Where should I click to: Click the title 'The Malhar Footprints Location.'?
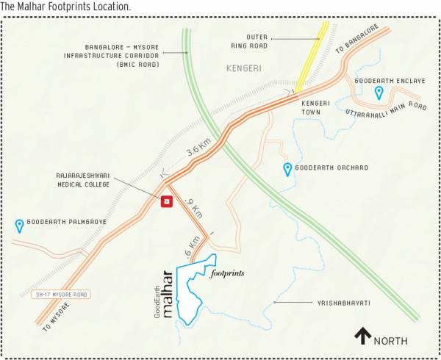coord(66,6)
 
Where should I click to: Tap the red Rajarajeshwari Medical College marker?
coord(167,201)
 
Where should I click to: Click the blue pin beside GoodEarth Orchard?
coord(287,170)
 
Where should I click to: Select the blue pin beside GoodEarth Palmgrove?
coord(19,226)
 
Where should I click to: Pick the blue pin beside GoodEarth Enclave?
coord(379,93)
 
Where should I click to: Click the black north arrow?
coord(362,336)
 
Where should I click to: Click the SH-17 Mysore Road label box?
coord(62,295)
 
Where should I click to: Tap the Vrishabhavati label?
coord(344,303)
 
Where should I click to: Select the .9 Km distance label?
coord(193,208)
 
